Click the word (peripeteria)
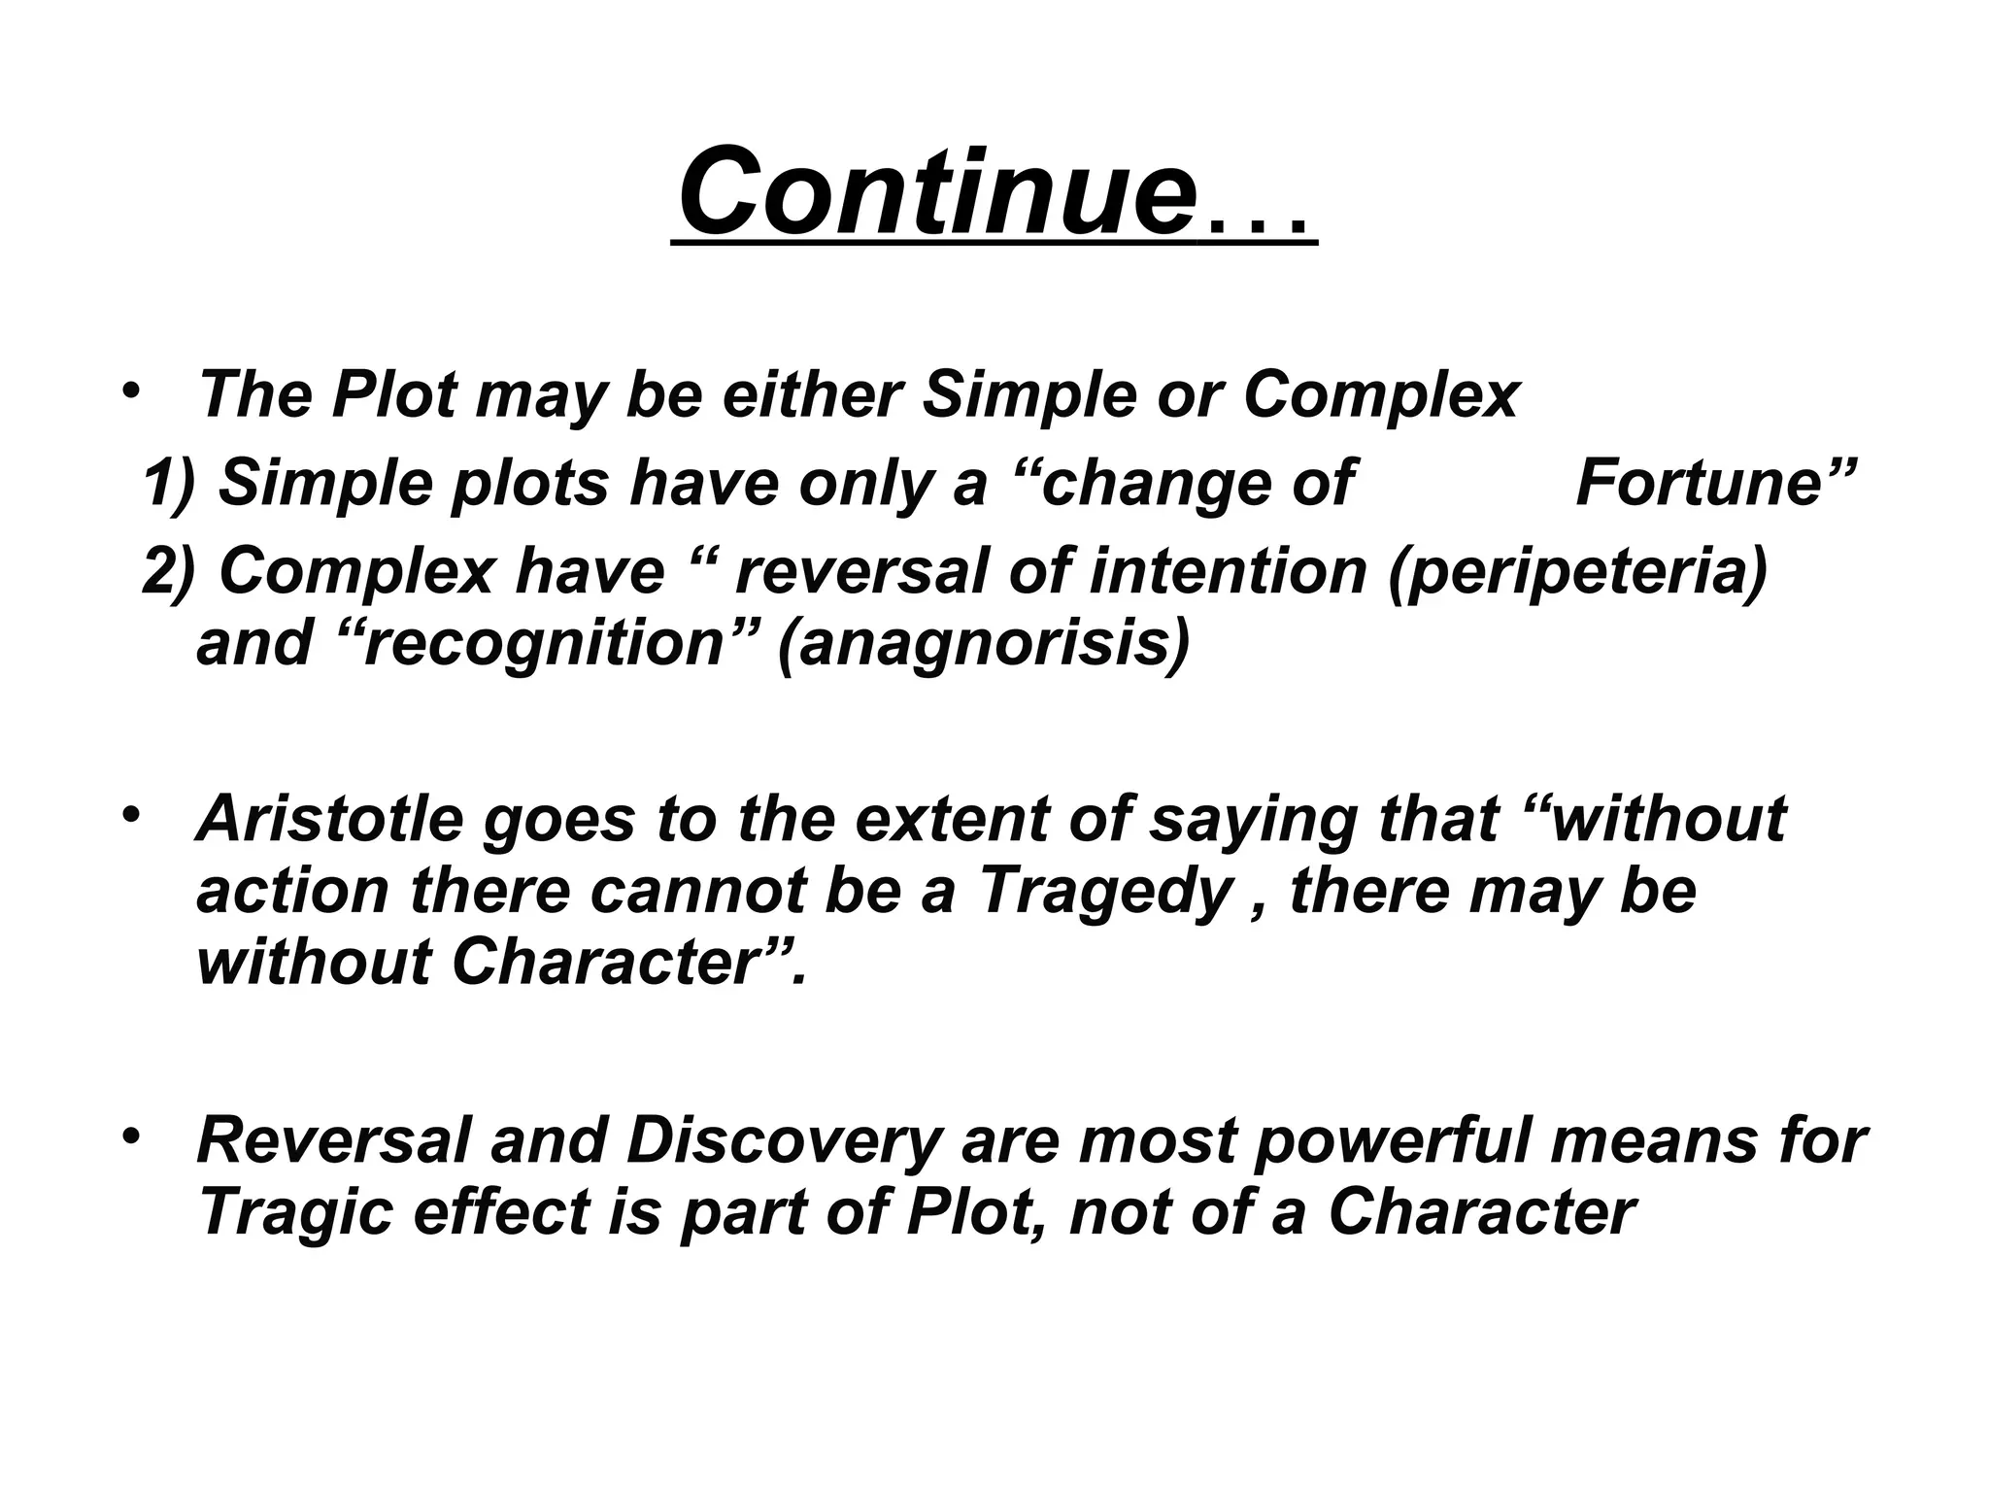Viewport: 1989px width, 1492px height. [x=1578, y=572]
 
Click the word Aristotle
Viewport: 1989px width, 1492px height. [x=330, y=818]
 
